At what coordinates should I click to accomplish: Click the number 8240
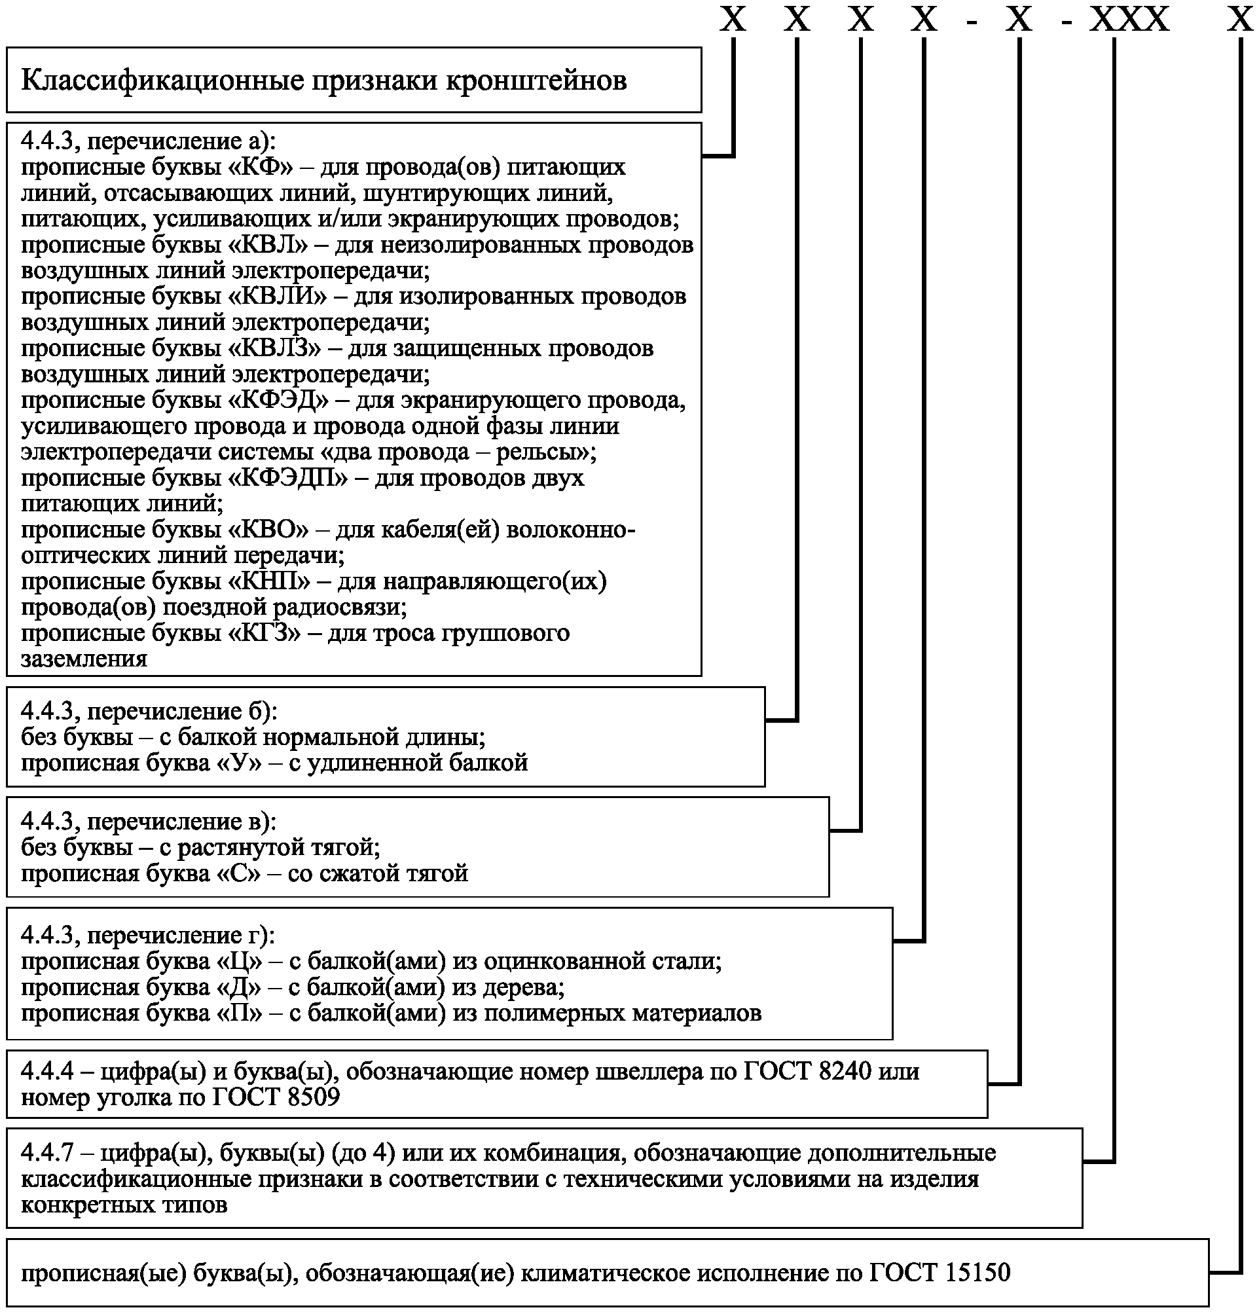coord(845,1071)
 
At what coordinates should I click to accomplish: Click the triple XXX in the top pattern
coord(1129,20)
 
